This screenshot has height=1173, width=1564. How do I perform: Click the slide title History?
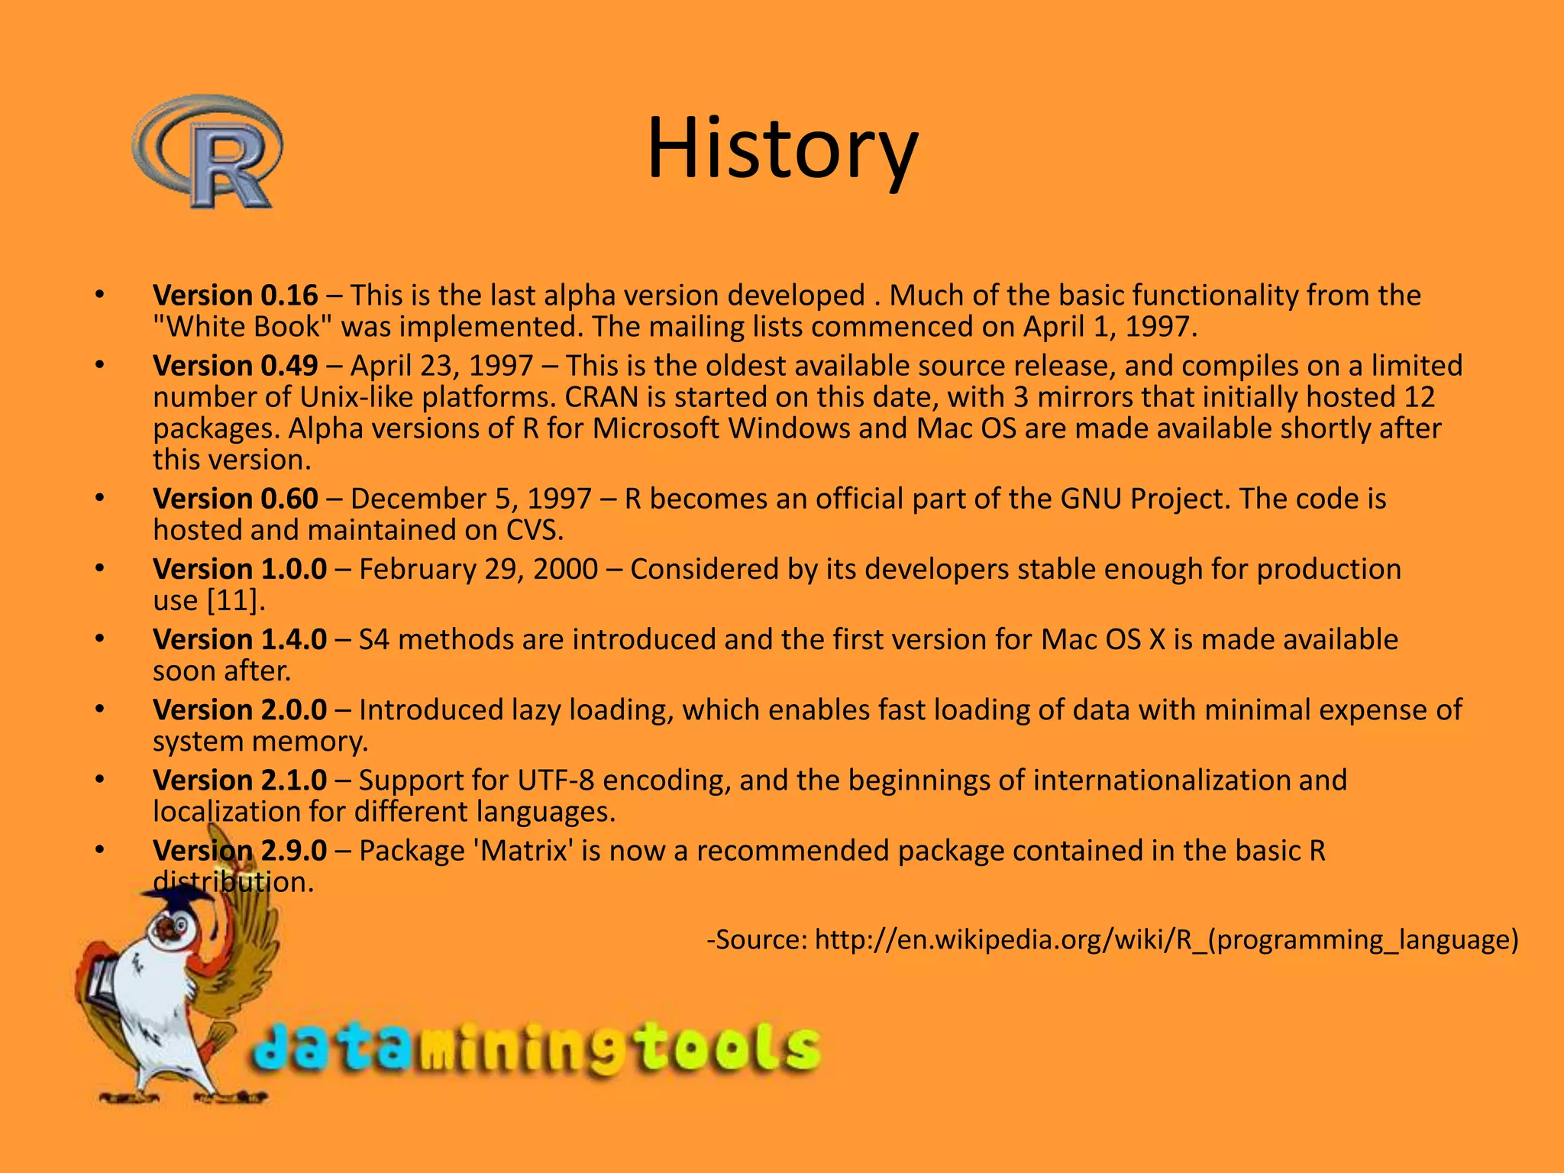pyautogui.click(x=782, y=148)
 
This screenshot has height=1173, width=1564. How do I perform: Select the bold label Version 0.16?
pyautogui.click(x=235, y=296)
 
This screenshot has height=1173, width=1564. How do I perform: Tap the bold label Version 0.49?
pyautogui.click(x=235, y=366)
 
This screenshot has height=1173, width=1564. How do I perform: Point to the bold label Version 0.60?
pyautogui.click(x=235, y=499)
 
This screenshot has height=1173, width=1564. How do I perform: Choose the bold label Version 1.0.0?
pyautogui.click(x=240, y=569)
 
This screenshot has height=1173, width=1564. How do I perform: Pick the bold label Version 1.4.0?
pyautogui.click(x=240, y=639)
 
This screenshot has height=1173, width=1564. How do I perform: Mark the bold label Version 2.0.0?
pyautogui.click(x=240, y=709)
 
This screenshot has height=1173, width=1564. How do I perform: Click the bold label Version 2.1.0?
pyautogui.click(x=240, y=780)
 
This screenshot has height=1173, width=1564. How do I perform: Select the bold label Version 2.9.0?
pyautogui.click(x=240, y=850)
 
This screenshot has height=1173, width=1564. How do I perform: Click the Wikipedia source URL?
pyautogui.click(x=1166, y=939)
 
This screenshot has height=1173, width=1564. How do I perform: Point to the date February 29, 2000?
pyautogui.click(x=478, y=569)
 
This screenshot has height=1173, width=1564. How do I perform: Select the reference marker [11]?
pyautogui.click(x=236, y=601)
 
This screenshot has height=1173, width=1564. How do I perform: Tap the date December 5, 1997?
pyautogui.click(x=470, y=499)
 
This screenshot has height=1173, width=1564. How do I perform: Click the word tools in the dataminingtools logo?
pyautogui.click(x=729, y=1049)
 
